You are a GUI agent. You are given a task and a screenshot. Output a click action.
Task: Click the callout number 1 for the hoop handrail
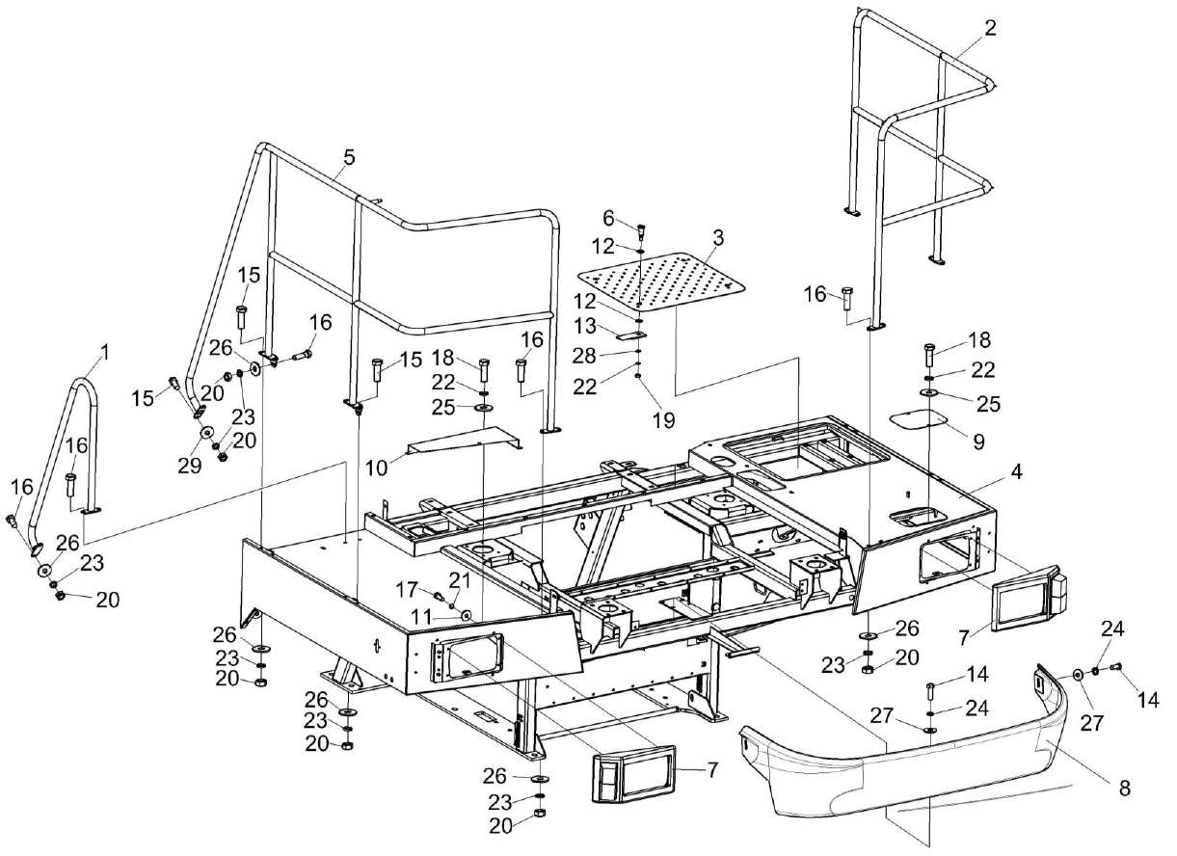104,353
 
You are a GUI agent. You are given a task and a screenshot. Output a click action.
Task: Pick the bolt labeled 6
642,230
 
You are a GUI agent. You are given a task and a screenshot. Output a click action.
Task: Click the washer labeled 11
467,616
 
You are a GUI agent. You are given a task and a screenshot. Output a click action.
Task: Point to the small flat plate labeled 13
630,335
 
